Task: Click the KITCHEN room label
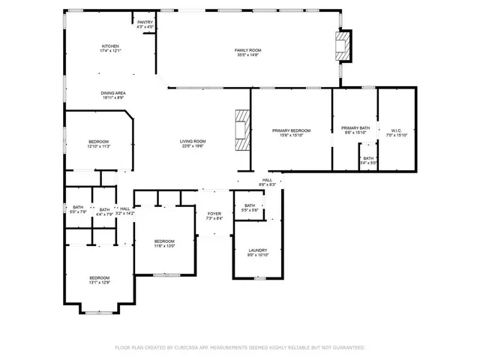click(111, 46)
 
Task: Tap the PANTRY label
click(145, 22)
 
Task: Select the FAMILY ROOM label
click(248, 49)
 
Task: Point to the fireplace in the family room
click(343, 45)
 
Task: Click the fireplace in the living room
click(241, 131)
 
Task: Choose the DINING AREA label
click(113, 92)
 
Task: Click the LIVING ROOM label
click(192, 141)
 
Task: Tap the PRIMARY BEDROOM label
click(291, 130)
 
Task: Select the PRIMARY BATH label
click(355, 128)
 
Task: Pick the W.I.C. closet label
click(397, 130)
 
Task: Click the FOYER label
click(214, 214)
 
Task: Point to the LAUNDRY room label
click(258, 250)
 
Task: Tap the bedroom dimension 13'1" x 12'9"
click(100, 283)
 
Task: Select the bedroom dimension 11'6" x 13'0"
click(164, 246)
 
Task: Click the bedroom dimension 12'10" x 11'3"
click(99, 146)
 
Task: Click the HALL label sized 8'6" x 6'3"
click(267, 181)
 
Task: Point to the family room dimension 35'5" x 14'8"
click(248, 55)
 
